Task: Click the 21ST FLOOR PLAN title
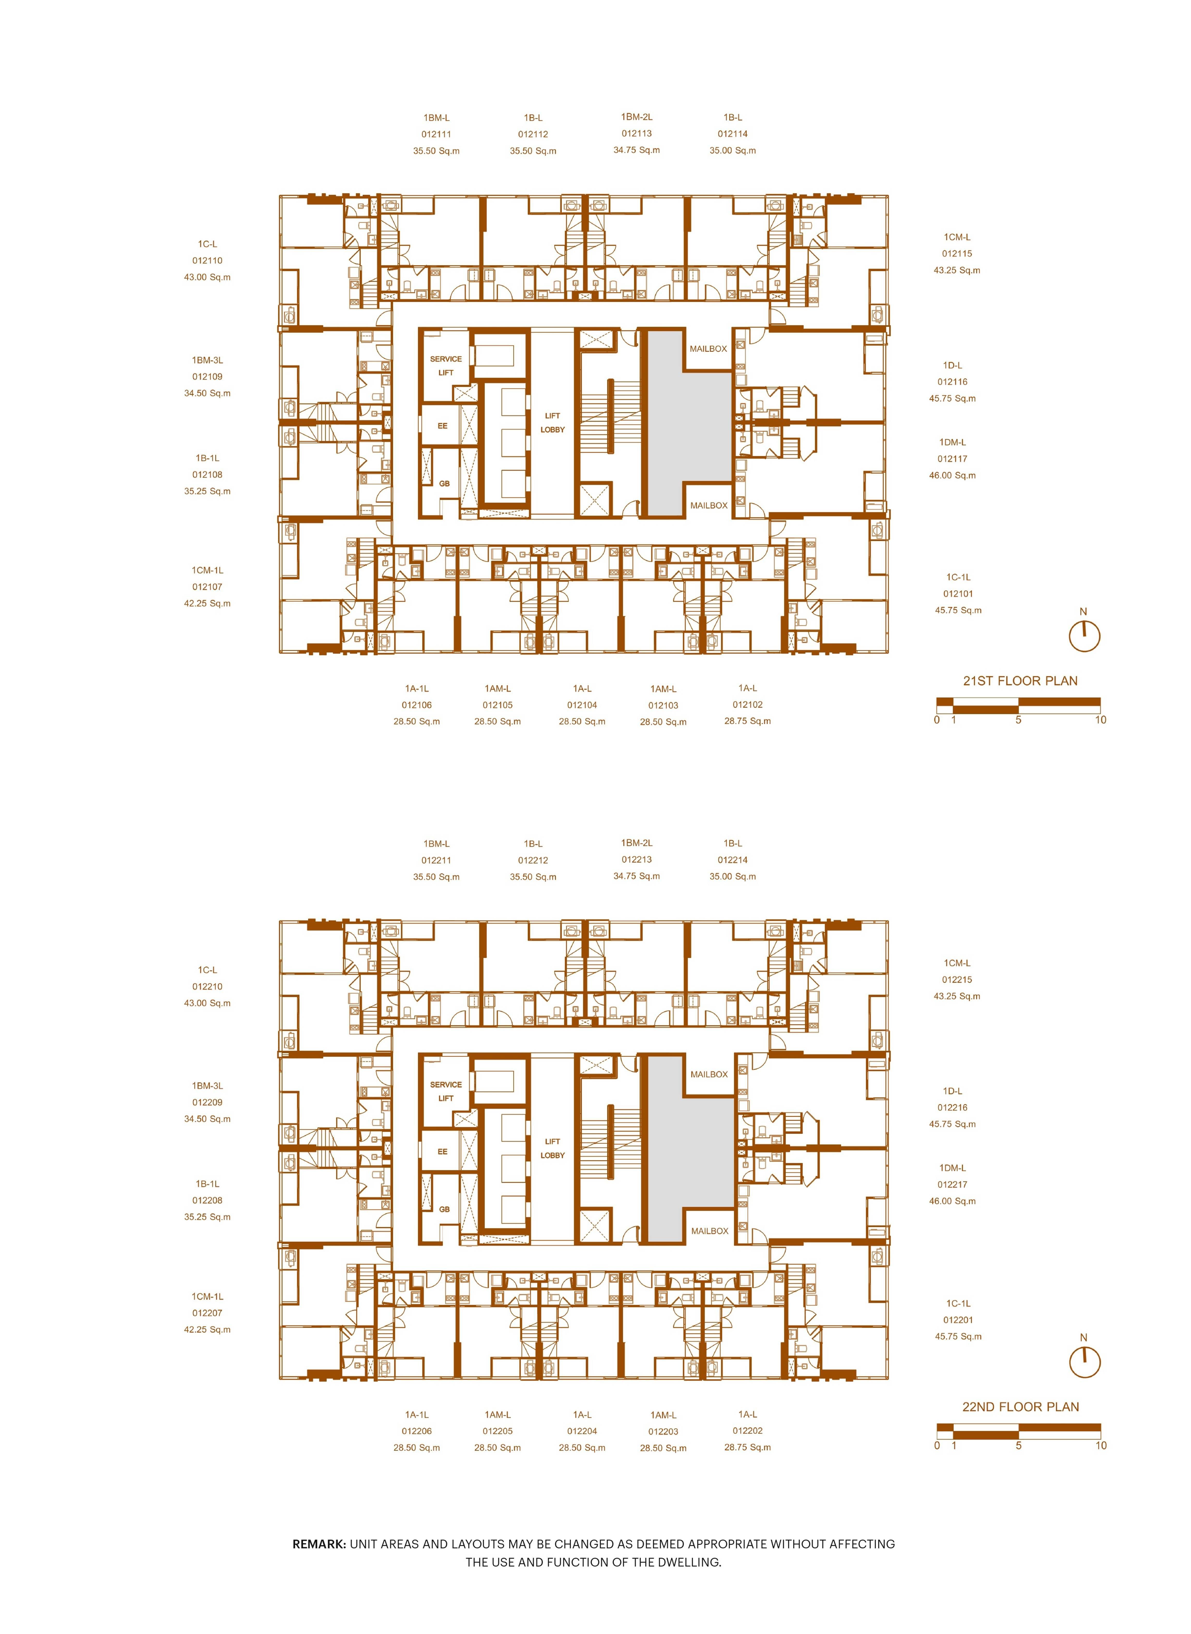1020,681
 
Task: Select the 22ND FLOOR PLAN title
1020,1407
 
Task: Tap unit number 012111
436,134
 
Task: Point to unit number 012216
952,1108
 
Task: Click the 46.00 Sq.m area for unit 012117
952,475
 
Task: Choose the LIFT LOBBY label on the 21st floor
552,423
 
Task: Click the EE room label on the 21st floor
443,426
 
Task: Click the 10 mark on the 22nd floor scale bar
1100,1446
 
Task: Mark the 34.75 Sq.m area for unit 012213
637,876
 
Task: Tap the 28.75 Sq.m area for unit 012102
748,721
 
